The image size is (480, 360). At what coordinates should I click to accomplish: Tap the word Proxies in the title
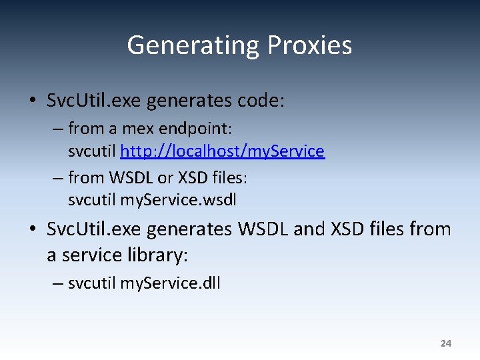[310, 45]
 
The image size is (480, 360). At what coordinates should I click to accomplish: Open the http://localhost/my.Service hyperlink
[222, 151]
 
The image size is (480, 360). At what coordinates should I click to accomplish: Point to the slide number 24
[446, 343]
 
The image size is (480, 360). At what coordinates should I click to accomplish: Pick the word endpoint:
[193, 127]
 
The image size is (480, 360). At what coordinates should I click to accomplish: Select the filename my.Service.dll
[170, 283]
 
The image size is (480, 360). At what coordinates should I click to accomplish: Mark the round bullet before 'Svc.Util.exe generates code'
[33, 101]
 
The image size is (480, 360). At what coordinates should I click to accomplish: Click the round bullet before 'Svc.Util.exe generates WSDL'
[33, 230]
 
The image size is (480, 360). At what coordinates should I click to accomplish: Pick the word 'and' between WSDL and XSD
[309, 230]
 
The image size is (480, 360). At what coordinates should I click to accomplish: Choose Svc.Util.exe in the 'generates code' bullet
[94, 101]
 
